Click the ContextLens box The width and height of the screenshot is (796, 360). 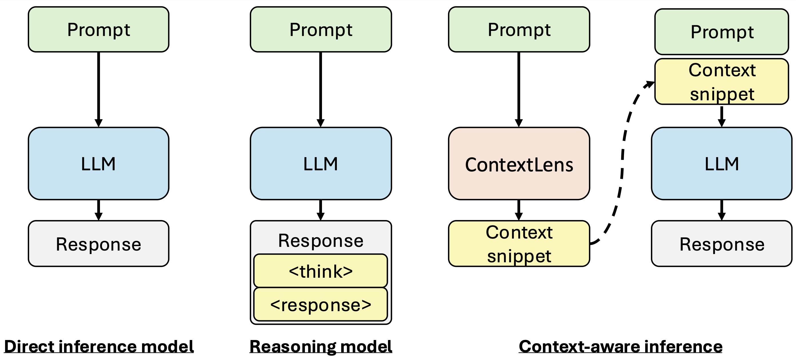coord(519,164)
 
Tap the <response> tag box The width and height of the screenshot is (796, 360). coord(321,305)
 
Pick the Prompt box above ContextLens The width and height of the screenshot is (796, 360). coord(519,29)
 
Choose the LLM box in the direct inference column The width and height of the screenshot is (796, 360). coord(98,164)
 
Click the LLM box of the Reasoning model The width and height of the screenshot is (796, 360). coord(321,164)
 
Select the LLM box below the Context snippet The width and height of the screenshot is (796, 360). coord(721,164)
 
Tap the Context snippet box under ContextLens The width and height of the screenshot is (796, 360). coord(519,244)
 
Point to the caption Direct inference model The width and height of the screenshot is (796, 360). coord(99,346)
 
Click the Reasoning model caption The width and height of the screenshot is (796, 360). coord(321,346)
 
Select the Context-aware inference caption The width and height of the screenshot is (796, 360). coord(620,346)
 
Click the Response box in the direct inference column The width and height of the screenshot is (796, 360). coord(98,244)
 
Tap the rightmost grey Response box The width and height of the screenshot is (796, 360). coord(721,244)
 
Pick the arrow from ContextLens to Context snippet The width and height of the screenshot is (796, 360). coord(519,209)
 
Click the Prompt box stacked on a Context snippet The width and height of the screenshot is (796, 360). coord(721,32)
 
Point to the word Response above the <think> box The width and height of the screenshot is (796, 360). coord(321,240)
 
